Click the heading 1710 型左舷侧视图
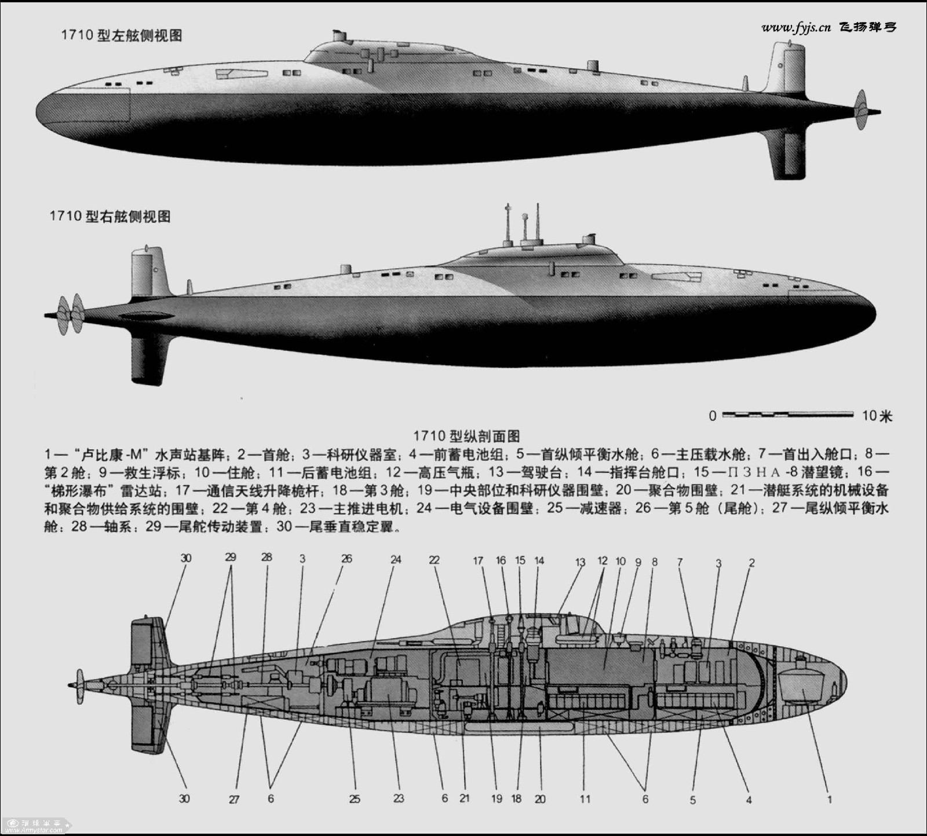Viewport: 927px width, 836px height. click(122, 35)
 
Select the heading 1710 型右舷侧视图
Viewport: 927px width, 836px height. click(110, 217)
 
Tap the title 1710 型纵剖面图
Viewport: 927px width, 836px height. click(466, 435)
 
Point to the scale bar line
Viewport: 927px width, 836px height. click(788, 415)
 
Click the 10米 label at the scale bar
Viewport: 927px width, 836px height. click(877, 416)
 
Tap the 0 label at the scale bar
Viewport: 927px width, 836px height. click(712, 416)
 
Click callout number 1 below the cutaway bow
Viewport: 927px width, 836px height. click(830, 800)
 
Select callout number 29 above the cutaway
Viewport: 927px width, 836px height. click(231, 558)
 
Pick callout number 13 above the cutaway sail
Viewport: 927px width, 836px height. click(581, 561)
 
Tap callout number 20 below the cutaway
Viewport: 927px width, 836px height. click(540, 800)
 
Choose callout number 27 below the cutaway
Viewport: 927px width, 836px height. click(234, 800)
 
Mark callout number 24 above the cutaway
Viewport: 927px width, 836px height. click(396, 560)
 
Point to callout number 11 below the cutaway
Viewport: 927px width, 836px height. click(585, 800)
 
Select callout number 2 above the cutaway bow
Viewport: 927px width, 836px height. click(751, 562)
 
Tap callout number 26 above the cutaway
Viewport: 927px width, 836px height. click(346, 560)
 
